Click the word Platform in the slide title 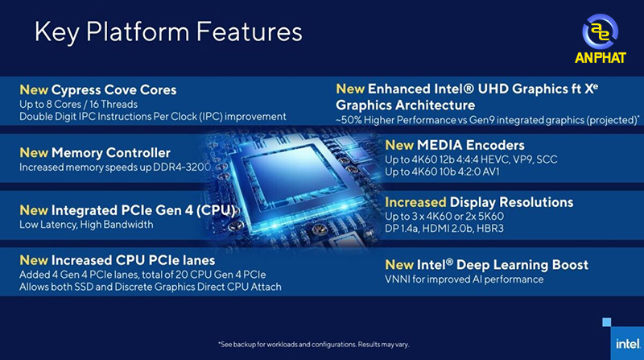[x=138, y=31]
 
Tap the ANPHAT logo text [x=600, y=57]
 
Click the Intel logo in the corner [x=627, y=343]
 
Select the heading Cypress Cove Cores [x=114, y=89]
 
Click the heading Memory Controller [x=111, y=153]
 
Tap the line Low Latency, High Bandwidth [x=86, y=225]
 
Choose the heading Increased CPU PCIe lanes [x=133, y=260]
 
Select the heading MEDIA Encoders [x=471, y=145]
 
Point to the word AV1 [x=491, y=172]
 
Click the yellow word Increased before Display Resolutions [x=415, y=202]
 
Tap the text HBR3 [x=490, y=229]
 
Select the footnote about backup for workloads [x=314, y=345]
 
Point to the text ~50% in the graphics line [x=349, y=120]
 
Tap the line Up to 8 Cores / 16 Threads [x=78, y=105]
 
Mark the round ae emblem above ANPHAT [x=600, y=31]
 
